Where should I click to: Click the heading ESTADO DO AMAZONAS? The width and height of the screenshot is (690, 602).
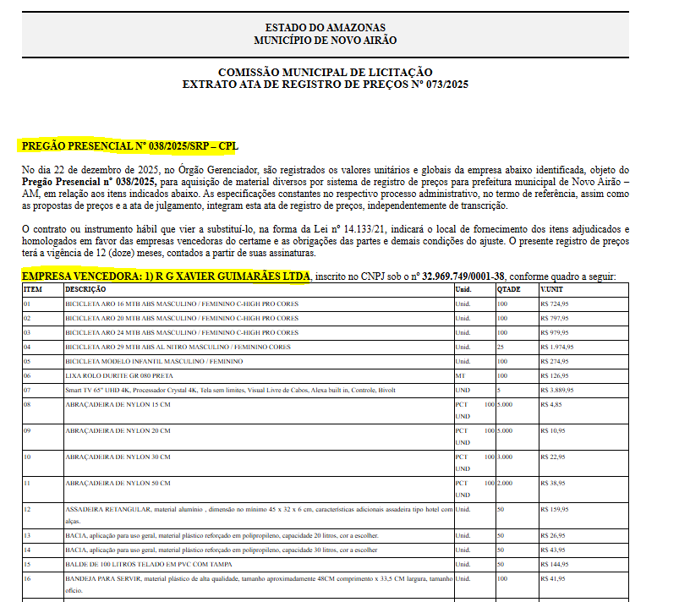325,28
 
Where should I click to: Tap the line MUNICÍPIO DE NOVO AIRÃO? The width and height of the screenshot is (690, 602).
325,40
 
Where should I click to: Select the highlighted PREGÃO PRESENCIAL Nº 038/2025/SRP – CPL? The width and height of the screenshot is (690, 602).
129,145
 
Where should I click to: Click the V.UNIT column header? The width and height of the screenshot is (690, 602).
551,289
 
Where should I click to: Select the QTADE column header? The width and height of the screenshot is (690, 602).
508,289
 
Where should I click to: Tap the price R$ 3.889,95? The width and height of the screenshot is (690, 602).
558,390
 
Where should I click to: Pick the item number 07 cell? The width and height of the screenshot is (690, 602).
27,390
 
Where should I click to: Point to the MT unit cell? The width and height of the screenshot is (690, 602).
461,375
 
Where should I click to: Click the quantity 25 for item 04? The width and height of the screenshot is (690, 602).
501,347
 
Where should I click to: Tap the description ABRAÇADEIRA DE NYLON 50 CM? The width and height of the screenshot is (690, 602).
118,483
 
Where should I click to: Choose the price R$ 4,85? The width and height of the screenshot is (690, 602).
551,405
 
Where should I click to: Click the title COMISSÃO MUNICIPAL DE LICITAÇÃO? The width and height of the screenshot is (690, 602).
325,72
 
